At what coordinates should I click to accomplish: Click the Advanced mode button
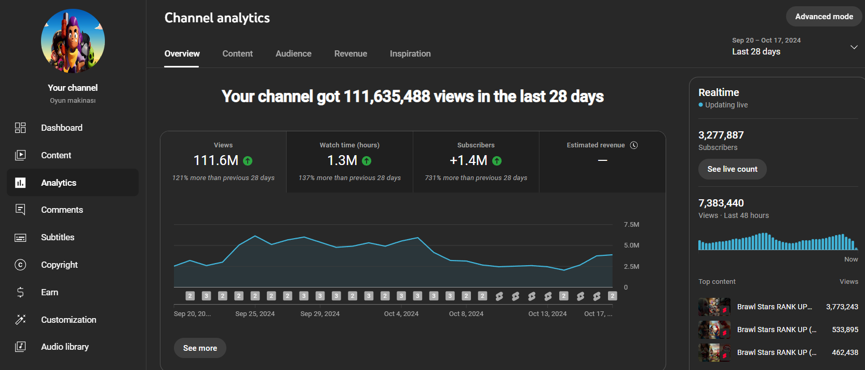tap(824, 17)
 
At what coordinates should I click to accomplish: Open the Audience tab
tap(293, 53)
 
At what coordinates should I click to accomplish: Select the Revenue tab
tap(350, 53)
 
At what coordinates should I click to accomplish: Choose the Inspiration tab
tap(410, 53)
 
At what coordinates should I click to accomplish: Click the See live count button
tap(732, 169)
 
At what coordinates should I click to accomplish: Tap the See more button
tap(200, 348)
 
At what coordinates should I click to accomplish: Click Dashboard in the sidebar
tap(62, 128)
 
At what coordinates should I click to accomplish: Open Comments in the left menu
tap(62, 210)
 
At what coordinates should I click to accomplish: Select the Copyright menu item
tap(60, 265)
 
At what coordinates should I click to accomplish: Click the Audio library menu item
tap(65, 347)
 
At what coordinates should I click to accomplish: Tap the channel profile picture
tap(73, 41)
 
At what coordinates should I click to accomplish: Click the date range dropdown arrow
tap(854, 47)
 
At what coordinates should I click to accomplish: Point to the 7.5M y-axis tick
tap(631, 225)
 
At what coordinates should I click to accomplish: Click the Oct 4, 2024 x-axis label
tap(401, 313)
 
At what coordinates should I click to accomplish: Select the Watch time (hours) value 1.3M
tap(342, 160)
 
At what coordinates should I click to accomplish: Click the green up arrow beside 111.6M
tap(248, 161)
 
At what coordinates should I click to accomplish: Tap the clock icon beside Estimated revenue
tap(633, 145)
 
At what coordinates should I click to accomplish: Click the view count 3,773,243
tap(842, 307)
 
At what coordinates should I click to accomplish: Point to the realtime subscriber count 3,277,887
tap(721, 135)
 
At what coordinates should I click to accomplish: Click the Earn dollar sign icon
tap(20, 292)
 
